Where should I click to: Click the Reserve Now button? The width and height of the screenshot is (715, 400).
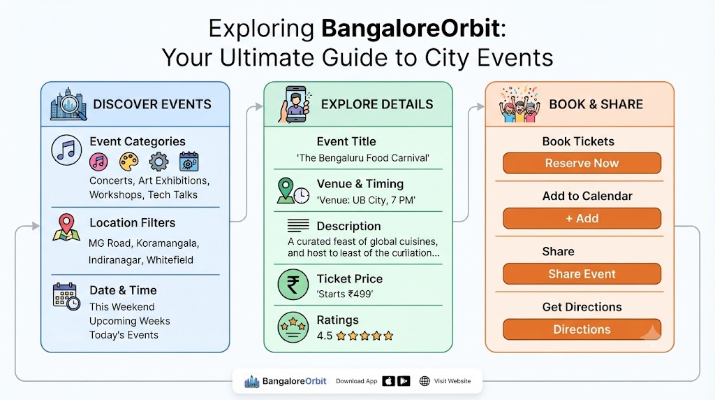point(582,163)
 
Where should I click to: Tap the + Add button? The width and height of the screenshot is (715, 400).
point(582,218)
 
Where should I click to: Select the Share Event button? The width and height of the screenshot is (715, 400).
point(582,274)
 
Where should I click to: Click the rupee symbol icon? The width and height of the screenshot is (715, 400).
point(293,285)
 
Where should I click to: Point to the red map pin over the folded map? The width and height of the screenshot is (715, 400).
point(66,223)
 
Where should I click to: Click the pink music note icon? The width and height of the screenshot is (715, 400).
point(98,162)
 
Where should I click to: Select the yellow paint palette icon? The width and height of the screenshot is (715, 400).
point(128,162)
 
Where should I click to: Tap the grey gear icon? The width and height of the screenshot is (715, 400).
point(159,162)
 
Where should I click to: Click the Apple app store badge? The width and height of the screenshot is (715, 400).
point(388,381)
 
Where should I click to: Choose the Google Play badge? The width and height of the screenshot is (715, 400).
point(404,381)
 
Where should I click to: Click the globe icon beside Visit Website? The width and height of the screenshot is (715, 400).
point(425,381)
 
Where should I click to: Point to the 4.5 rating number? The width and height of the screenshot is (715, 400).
point(324,336)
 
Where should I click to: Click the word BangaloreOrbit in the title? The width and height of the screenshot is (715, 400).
point(411,28)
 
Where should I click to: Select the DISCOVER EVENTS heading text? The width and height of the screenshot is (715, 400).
point(152,104)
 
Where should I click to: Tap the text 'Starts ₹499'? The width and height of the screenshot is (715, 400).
point(345,294)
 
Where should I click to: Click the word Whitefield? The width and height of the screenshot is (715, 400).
point(170,260)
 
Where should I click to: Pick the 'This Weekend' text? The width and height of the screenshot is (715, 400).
point(121,307)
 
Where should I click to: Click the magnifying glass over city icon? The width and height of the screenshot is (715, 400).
point(68,103)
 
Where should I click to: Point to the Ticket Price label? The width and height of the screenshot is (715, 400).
point(350,278)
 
